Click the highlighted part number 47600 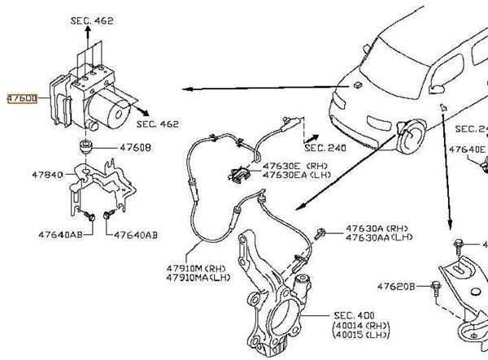tap(21, 98)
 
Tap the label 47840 tap(47, 175)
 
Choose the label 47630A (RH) tap(376, 228)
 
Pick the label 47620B tap(397, 286)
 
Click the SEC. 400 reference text tap(354, 314)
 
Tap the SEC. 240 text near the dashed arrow tap(325, 149)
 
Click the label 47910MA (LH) tap(198, 277)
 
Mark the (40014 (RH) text tap(359, 325)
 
